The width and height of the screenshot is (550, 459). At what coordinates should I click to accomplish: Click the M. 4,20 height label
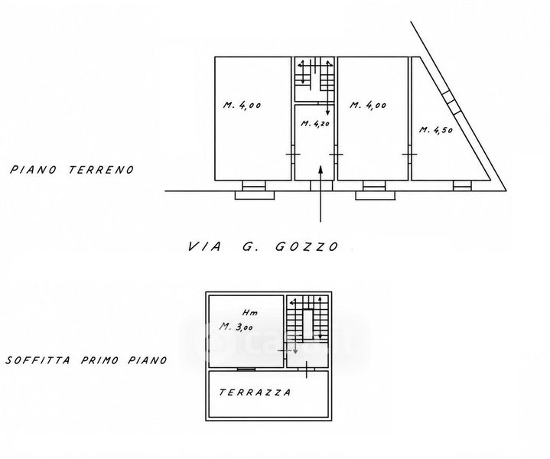pyautogui.click(x=315, y=123)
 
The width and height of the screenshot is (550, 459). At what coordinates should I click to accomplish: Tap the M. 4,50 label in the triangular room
pyautogui.click(x=436, y=130)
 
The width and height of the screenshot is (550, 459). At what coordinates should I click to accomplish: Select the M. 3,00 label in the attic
pyautogui.click(x=236, y=327)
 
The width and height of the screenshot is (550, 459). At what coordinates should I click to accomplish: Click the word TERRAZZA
pyautogui.click(x=255, y=392)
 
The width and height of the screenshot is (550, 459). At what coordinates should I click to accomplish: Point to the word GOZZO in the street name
pyautogui.click(x=307, y=246)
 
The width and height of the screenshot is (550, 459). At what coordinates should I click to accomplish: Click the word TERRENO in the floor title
pyautogui.click(x=102, y=170)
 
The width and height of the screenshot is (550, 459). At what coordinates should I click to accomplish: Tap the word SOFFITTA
pyautogui.click(x=38, y=360)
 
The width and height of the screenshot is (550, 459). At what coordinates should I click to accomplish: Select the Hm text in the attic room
pyautogui.click(x=250, y=312)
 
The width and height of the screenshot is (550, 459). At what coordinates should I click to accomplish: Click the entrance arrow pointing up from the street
pyautogui.click(x=321, y=194)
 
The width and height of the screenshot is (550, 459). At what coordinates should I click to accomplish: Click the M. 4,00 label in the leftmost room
pyautogui.click(x=242, y=105)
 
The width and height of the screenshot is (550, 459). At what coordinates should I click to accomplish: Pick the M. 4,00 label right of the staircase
pyautogui.click(x=368, y=105)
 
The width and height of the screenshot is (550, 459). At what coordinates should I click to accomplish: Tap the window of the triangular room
pyautogui.click(x=462, y=186)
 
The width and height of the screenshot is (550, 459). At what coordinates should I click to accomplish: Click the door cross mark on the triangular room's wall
pyautogui.click(x=409, y=155)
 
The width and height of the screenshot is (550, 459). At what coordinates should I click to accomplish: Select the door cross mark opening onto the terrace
pyautogui.click(x=307, y=369)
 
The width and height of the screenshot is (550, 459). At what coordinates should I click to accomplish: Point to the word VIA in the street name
pyautogui.click(x=205, y=246)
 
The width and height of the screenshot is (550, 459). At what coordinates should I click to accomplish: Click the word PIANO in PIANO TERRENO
pyautogui.click(x=33, y=170)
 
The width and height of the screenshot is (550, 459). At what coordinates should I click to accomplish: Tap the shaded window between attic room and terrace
pyautogui.click(x=246, y=369)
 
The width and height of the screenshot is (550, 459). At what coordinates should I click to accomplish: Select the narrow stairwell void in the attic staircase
pyautogui.click(x=308, y=324)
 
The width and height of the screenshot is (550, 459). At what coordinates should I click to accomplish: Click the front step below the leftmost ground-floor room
pyautogui.click(x=254, y=196)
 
